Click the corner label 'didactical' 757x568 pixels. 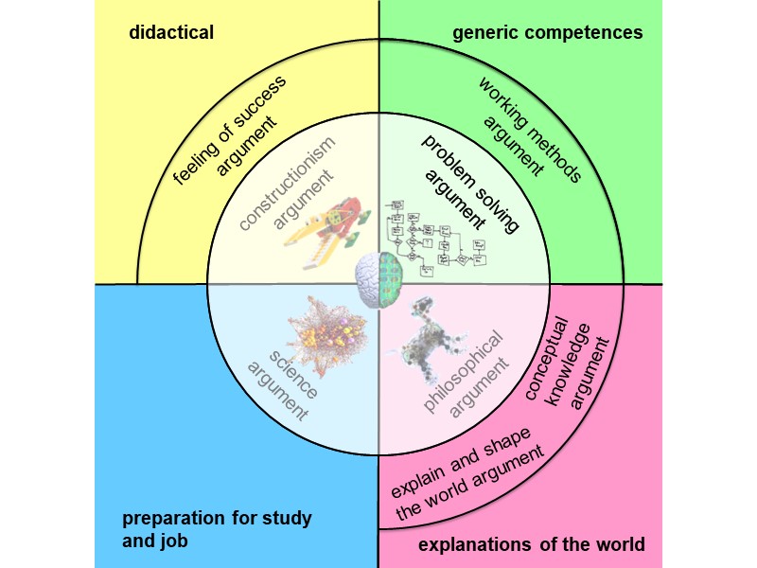[x=171, y=33]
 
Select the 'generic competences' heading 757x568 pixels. [x=548, y=33]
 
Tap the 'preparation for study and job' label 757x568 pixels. [x=217, y=528]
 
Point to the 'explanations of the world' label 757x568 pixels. [x=532, y=544]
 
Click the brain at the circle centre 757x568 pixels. [x=378, y=283]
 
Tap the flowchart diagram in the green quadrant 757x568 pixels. [x=437, y=238]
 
